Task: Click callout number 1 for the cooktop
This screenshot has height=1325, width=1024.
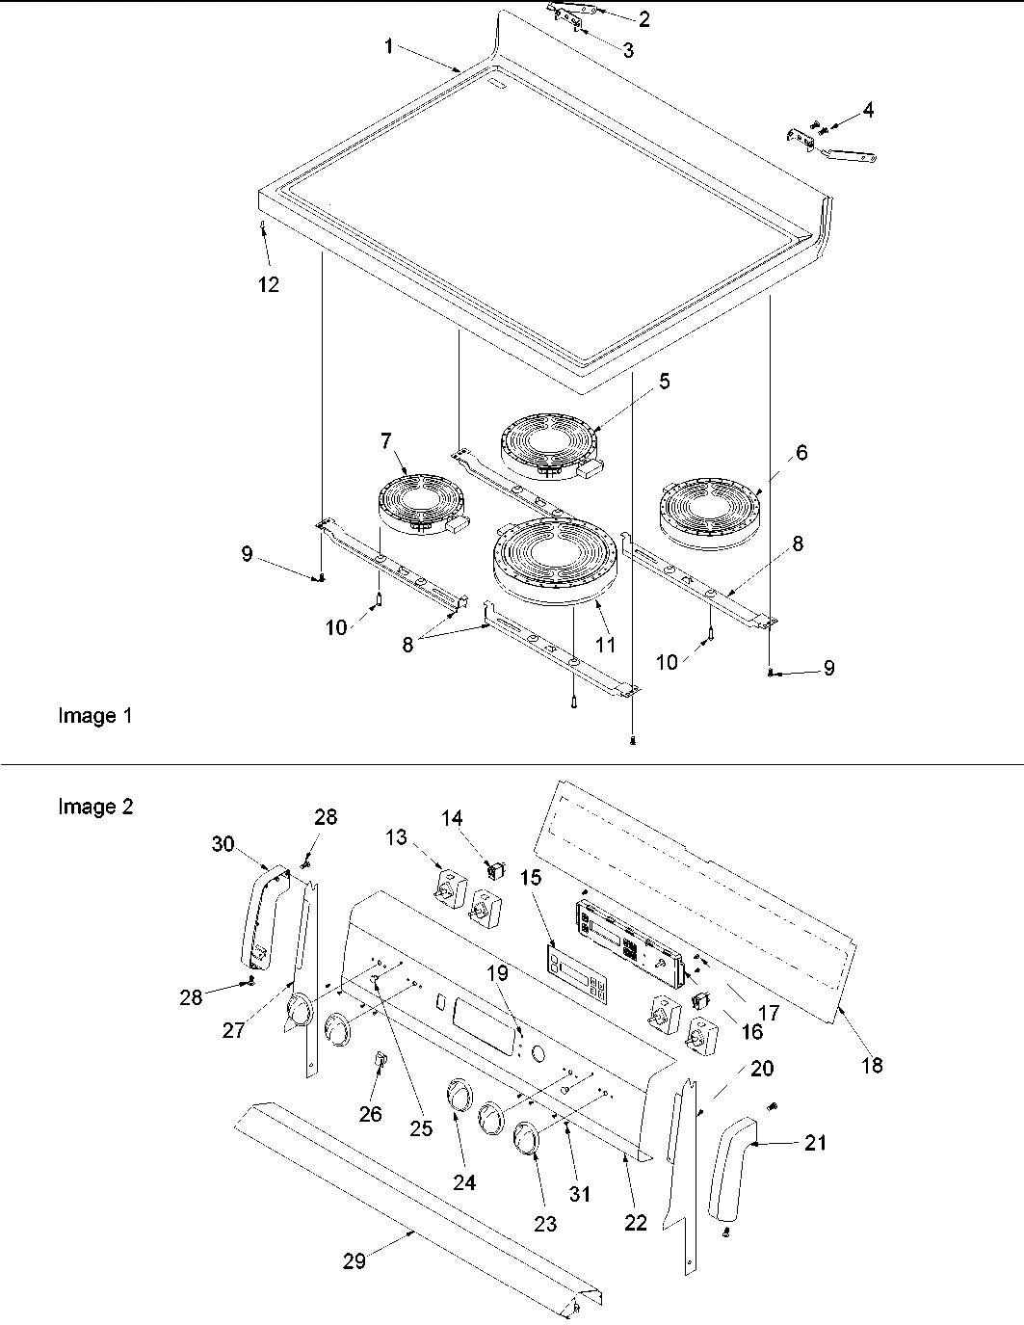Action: point(389,46)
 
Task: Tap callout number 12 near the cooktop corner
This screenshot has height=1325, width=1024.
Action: point(269,284)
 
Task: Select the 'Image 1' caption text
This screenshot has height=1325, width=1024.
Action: point(95,716)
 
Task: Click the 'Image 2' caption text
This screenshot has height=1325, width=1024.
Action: point(95,807)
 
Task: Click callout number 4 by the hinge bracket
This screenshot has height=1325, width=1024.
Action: point(868,111)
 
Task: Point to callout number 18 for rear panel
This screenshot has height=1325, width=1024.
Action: point(873,1065)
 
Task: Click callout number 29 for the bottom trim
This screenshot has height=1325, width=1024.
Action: point(354,1260)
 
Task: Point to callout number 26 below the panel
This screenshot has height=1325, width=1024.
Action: point(371,1114)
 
